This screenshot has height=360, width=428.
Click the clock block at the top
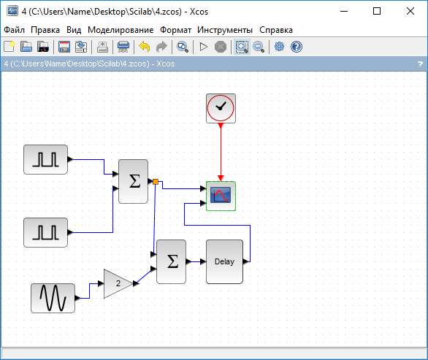click(221, 108)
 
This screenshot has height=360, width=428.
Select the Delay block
click(224, 261)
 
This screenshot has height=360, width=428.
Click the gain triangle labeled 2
click(118, 283)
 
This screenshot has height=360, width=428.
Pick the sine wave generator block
click(53, 298)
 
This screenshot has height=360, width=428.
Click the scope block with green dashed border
click(221, 196)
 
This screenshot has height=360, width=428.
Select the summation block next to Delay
click(171, 261)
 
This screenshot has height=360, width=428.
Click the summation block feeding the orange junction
click(133, 182)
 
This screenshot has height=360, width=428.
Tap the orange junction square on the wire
click(156, 182)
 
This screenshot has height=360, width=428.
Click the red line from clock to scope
click(221, 152)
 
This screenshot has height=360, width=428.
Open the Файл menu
click(14, 30)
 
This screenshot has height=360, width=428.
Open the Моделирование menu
click(121, 30)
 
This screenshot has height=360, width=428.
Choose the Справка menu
click(275, 30)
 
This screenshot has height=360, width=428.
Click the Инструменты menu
click(225, 30)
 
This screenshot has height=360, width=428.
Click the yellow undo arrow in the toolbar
click(145, 47)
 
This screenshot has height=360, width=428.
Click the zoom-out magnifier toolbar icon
click(259, 47)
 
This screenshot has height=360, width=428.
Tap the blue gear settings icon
click(279, 47)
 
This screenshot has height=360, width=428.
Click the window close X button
click(410, 11)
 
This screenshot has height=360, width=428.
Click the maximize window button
click(377, 11)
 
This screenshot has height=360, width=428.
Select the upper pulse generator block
click(45, 159)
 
